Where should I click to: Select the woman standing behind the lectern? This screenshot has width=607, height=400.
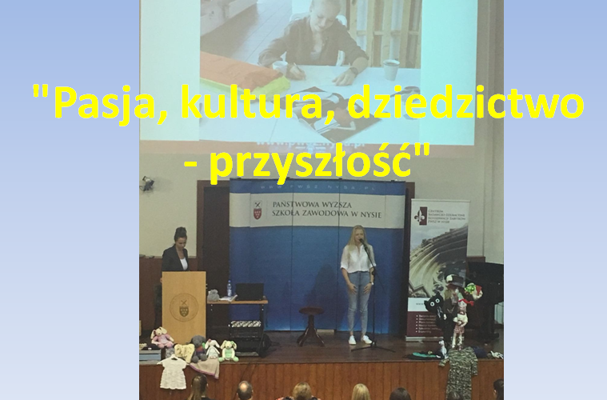click(175, 251)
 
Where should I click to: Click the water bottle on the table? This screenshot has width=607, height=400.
click(229, 289)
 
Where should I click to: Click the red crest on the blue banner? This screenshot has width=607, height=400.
click(258, 213)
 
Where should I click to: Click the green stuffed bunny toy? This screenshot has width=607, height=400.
click(229, 350)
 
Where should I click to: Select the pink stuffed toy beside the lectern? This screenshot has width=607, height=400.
click(162, 337)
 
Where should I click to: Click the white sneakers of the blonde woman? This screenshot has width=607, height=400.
click(361, 338)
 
